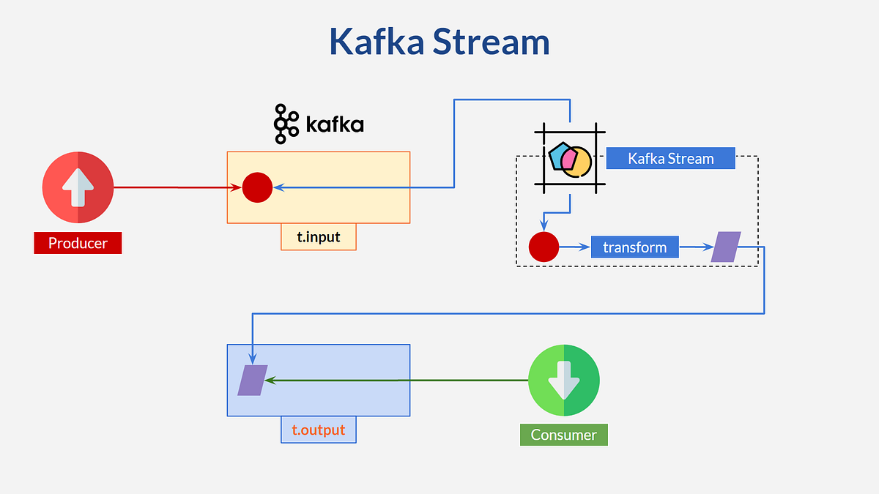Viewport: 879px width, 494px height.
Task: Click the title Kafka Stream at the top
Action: click(439, 42)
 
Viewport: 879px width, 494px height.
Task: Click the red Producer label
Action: click(78, 243)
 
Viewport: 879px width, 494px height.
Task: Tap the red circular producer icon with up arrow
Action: click(78, 187)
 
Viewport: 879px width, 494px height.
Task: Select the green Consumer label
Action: click(563, 435)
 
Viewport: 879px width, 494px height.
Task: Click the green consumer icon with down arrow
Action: click(564, 381)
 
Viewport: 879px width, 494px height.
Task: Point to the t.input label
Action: click(319, 237)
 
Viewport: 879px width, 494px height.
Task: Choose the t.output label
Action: click(319, 430)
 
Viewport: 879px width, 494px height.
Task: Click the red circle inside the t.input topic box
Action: click(257, 187)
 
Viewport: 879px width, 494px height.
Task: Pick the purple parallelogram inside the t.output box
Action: click(252, 381)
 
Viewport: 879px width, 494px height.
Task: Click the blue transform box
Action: click(634, 247)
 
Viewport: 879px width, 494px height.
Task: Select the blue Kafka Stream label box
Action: click(670, 158)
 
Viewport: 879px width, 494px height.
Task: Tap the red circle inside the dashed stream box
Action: click(544, 247)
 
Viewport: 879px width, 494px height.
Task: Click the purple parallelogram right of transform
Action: click(726, 247)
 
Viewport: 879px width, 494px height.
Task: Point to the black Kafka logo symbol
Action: click(286, 124)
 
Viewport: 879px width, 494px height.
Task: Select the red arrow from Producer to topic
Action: click(176, 187)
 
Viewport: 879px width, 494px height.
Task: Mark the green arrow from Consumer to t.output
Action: click(396, 381)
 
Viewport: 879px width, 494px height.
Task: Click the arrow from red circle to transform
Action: click(575, 247)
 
